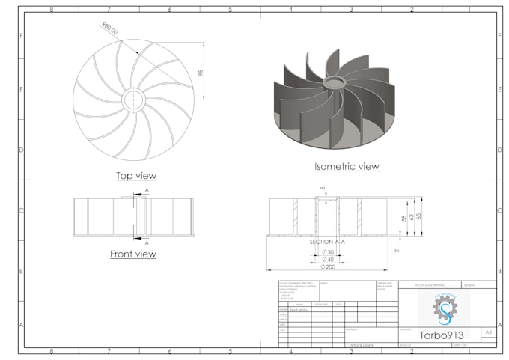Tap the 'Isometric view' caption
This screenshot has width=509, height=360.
(346, 166)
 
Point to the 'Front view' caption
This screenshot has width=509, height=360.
(132, 254)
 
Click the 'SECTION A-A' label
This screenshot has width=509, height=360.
(327, 242)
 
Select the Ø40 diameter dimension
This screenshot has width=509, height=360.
(327, 260)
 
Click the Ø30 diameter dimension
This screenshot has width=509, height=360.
(327, 252)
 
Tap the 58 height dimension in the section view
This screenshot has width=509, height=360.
(403, 219)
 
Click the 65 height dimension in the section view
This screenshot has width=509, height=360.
(419, 216)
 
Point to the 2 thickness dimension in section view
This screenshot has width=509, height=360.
(396, 251)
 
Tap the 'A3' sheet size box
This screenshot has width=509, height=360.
(488, 331)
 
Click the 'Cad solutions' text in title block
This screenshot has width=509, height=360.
(361, 345)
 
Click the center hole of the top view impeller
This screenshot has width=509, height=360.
(133, 100)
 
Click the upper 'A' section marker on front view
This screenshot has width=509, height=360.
(147, 191)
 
